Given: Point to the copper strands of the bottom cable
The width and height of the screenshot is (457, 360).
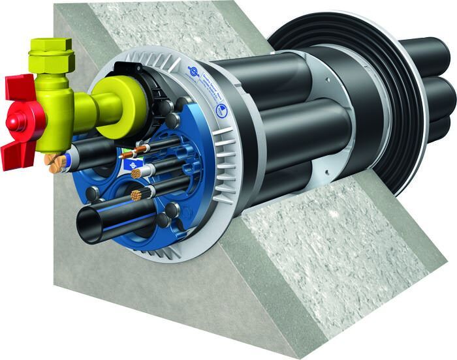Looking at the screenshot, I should click(x=136, y=194).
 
